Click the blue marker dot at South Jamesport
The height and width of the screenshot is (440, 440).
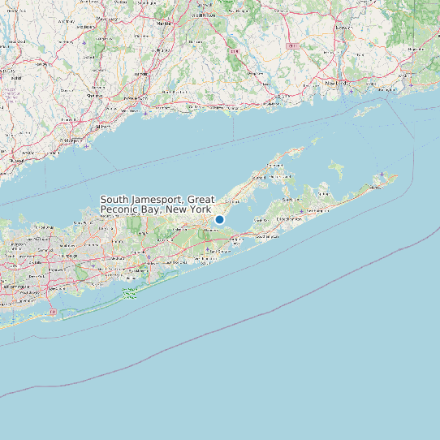(x=219, y=219)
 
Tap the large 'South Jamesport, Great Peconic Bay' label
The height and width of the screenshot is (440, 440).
(x=157, y=205)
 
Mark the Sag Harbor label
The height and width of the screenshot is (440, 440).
(x=288, y=200)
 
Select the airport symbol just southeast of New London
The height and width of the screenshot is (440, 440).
(x=352, y=91)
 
